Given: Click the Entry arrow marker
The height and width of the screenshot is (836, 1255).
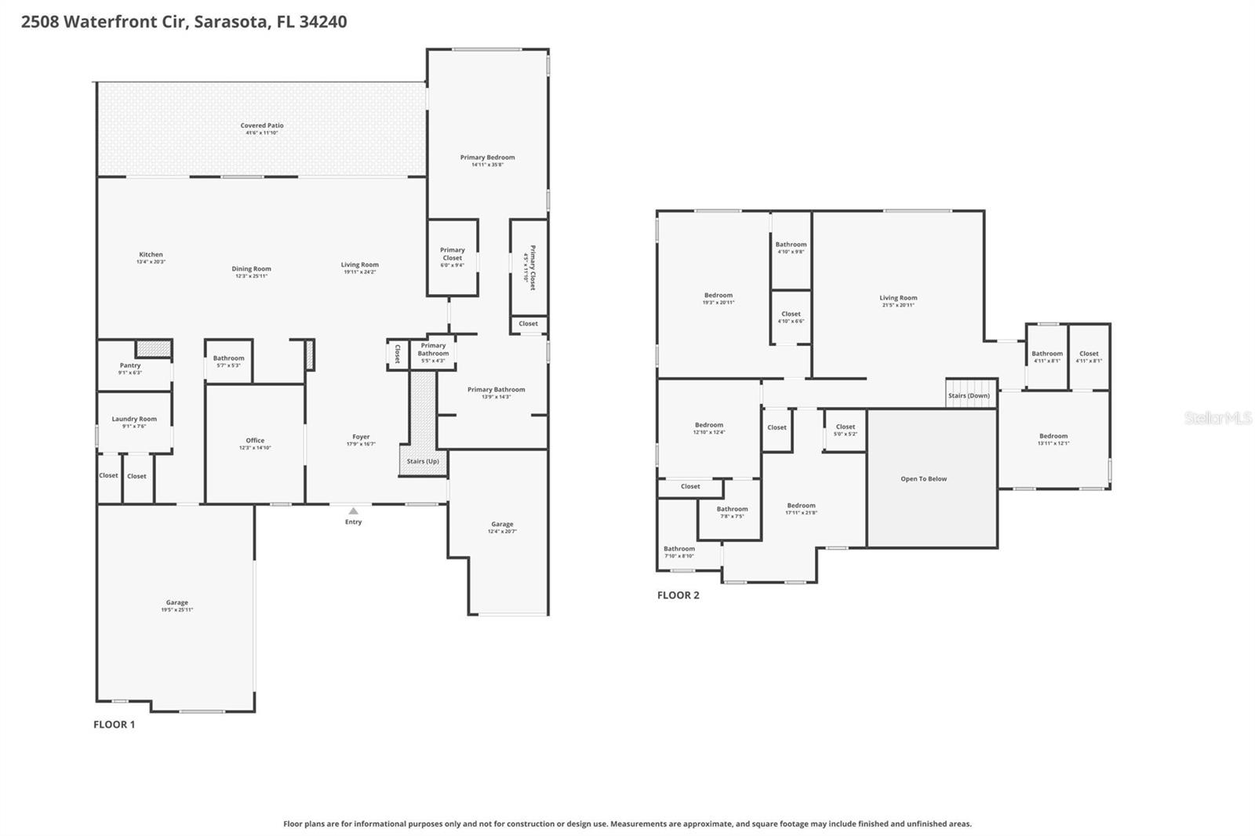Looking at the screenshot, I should pos(353,511).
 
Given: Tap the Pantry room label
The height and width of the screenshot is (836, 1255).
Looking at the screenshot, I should pos(130,365).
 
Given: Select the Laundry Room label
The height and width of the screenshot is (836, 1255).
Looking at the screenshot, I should pos(134,419).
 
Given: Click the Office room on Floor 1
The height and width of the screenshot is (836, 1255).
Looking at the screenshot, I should pos(255,443).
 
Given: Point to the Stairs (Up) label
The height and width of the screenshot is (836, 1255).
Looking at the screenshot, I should pos(423,461).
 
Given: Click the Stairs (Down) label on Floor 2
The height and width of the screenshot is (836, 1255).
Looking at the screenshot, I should pos(969,395).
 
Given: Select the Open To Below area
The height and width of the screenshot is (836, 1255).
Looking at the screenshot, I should pos(923,478).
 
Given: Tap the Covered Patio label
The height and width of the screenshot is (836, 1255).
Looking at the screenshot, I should pos(262,125).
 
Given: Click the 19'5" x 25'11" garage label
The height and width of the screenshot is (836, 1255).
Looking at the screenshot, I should pos(176,606).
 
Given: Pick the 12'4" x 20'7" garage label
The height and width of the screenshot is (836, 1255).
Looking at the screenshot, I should pos(502,528).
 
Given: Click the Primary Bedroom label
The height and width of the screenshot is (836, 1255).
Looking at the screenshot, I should pos(487,158).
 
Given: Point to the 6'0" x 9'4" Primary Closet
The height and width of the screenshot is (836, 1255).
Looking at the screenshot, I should pos(452,257).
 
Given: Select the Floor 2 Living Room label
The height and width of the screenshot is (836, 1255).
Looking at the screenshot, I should pos(898,298).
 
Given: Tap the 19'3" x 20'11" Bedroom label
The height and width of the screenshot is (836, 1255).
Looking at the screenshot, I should pos(718,296).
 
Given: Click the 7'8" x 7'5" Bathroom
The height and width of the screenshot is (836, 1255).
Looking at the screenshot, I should pos(731,512).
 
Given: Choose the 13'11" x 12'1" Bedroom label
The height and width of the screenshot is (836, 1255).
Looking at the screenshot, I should pos(1053,436).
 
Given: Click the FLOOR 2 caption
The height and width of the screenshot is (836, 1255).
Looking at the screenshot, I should pos(678,595).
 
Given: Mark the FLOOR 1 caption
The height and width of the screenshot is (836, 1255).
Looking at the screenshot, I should pos(114,725).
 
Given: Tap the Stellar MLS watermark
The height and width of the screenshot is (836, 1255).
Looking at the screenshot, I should pos(1217,418).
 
